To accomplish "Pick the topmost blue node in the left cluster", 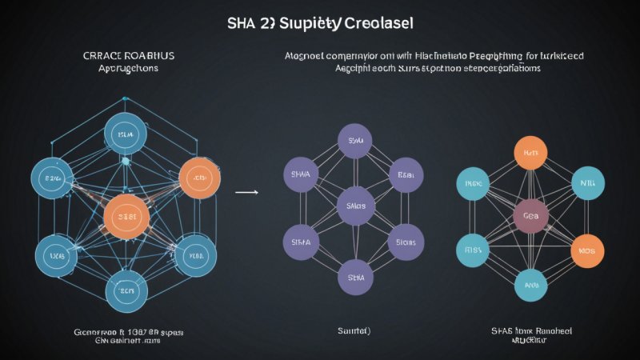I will [126, 134].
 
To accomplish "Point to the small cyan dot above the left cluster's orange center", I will [126, 161].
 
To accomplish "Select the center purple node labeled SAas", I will [355, 206].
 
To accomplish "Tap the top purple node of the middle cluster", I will [355, 142].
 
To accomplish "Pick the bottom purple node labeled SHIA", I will [355, 278].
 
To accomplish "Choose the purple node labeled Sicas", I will [406, 241].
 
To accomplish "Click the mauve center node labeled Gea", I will [531, 216].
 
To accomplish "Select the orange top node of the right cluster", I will [530, 152].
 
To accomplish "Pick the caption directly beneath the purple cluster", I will [354, 330].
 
